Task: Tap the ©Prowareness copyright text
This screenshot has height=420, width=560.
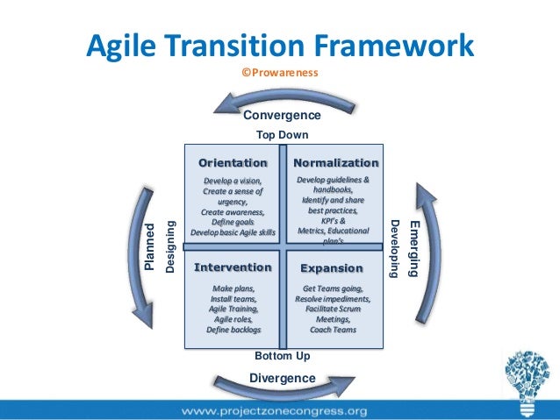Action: tap(280, 73)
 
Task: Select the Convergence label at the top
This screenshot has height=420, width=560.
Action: tap(282, 116)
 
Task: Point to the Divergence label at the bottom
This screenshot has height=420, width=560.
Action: tap(282, 378)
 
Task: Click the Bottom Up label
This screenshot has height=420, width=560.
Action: tap(282, 357)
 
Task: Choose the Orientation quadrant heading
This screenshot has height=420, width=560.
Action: tap(233, 163)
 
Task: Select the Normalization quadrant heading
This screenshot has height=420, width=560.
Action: tap(335, 163)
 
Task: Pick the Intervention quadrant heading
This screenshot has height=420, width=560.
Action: tap(233, 267)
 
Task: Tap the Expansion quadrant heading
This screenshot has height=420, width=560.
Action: tap(332, 267)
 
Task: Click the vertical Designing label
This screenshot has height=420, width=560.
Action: tap(171, 246)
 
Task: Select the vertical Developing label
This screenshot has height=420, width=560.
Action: tap(395, 248)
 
